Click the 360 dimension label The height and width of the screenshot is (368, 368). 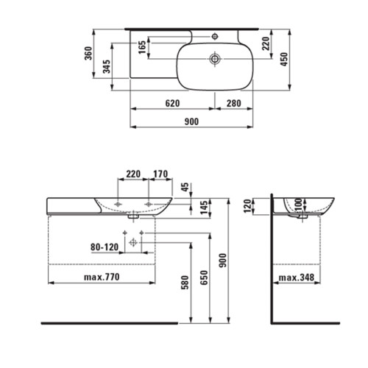[88, 53]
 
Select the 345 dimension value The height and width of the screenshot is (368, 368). [107, 66]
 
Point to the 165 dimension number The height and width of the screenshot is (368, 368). [142, 47]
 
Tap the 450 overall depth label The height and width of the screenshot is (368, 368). [284, 59]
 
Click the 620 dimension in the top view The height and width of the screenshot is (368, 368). [172, 103]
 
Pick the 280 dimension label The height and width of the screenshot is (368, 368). [233, 103]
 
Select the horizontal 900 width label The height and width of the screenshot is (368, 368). [191, 121]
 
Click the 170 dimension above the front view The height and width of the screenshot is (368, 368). [160, 174]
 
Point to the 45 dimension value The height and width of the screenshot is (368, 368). [185, 187]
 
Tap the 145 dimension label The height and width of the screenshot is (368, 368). [204, 208]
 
